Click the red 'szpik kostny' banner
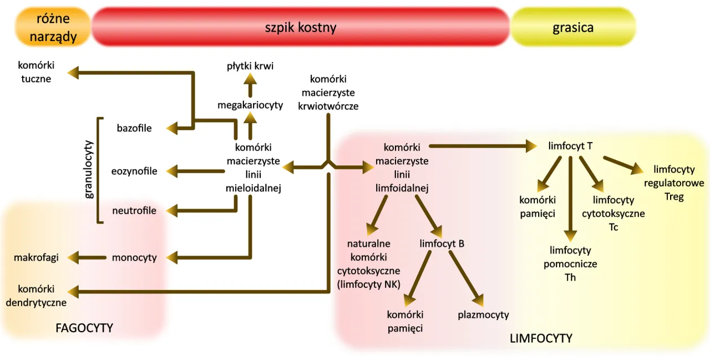300,27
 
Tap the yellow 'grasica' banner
572,27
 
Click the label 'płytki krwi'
250,66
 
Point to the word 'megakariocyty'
250,105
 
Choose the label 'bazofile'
134,129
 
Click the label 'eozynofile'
134,171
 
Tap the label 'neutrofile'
134,211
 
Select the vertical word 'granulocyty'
89,169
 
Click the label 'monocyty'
134,257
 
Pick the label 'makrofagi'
37,257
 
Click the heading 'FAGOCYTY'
84,328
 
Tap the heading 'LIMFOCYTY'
541,338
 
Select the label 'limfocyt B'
442,244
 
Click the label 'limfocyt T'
570,146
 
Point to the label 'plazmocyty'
483,315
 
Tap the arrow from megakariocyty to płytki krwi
250,85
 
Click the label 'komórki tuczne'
37,72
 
